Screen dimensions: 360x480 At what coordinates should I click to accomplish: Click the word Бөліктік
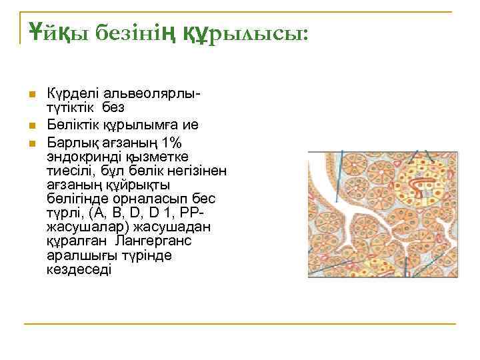[x=71, y=125]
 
